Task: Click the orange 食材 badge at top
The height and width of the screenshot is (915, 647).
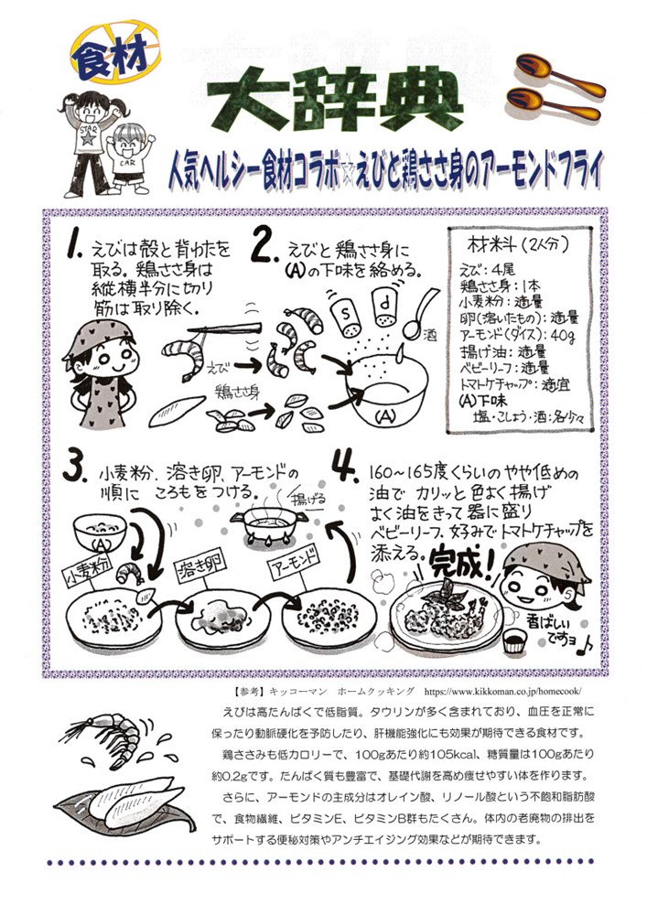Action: (115, 51)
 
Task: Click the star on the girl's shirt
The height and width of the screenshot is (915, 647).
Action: (88, 138)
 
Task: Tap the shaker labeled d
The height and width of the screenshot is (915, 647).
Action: (384, 310)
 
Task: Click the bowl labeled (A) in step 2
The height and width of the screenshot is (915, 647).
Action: (386, 396)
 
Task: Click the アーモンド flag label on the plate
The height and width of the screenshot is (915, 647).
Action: (295, 563)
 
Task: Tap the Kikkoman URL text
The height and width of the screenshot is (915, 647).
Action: (503, 692)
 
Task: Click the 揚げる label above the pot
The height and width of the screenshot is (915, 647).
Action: (308, 499)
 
